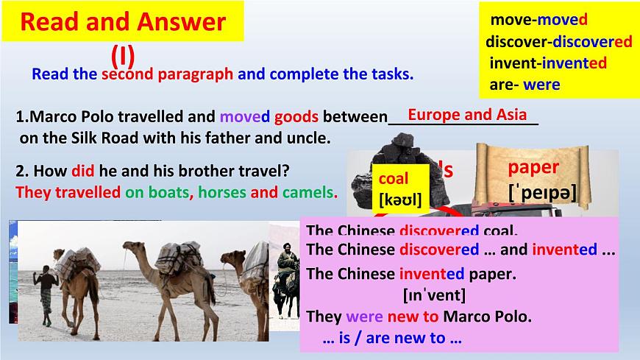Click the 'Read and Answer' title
122,21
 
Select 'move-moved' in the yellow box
538,20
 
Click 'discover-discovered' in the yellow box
558,41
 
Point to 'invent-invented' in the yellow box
548,63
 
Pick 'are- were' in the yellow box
525,84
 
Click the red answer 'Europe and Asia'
467,114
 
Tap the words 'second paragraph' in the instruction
168,74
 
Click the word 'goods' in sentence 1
296,117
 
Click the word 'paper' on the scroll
533,167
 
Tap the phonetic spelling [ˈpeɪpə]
542,194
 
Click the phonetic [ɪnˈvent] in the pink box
435,296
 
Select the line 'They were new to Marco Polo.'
418,317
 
